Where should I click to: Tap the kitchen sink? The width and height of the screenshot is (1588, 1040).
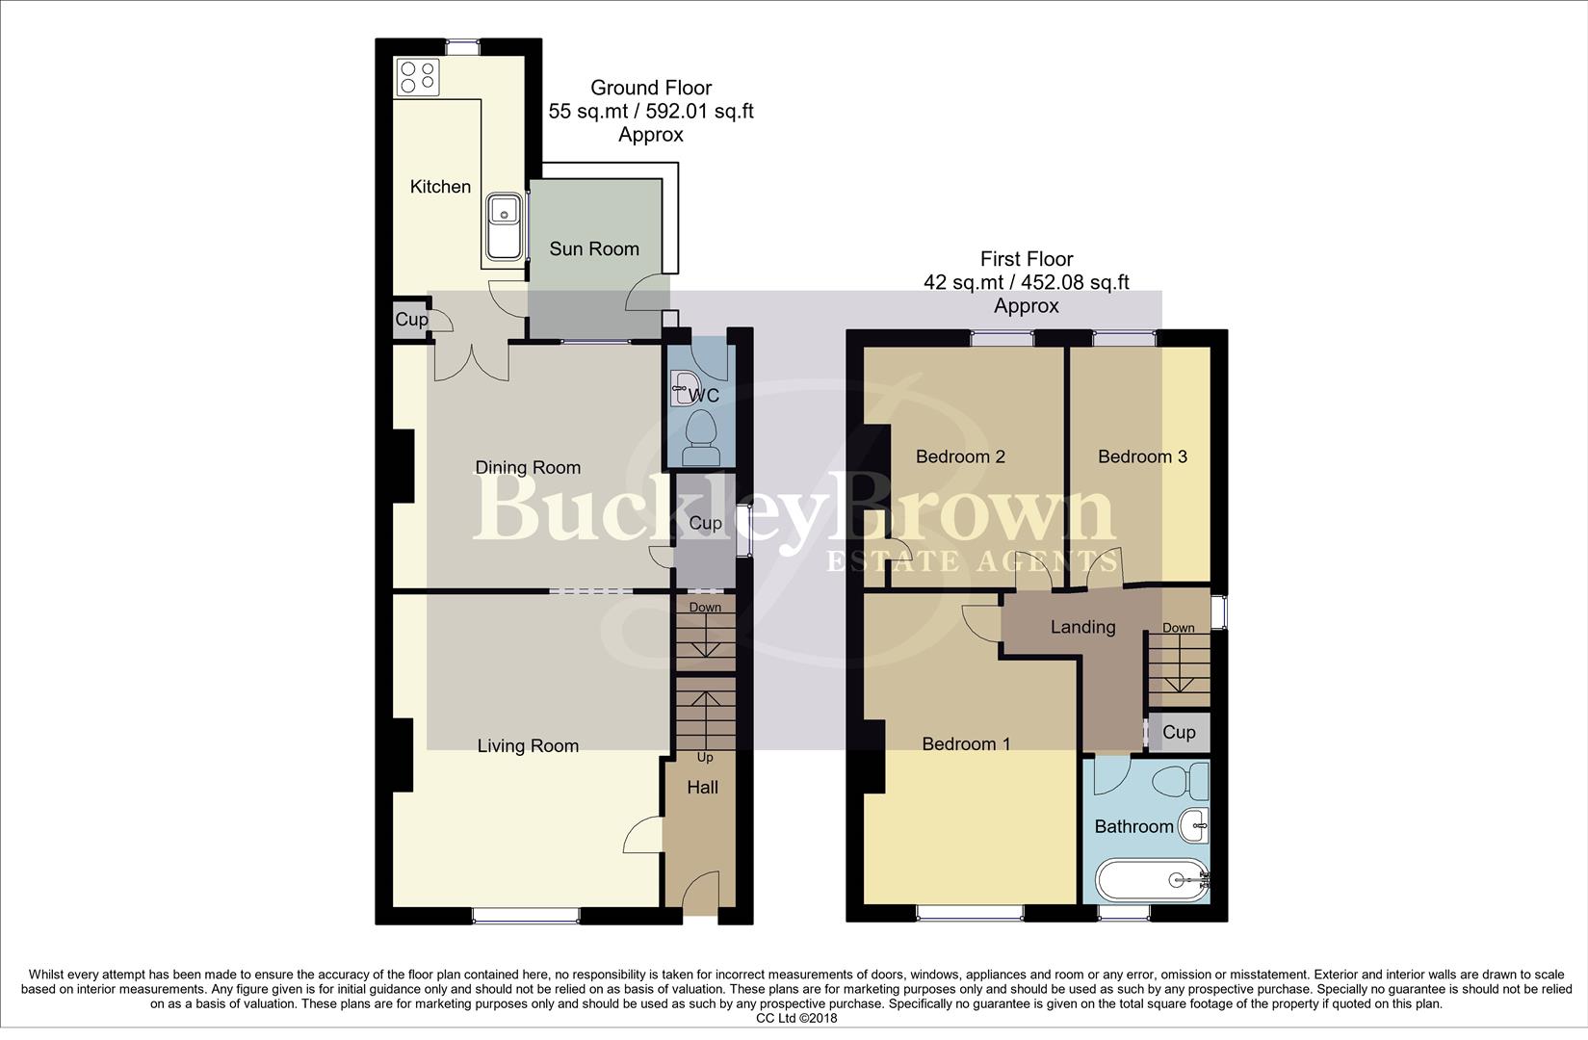point(505,225)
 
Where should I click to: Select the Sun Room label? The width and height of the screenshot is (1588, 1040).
point(594,248)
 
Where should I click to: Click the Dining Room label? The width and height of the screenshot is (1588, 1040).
point(528,468)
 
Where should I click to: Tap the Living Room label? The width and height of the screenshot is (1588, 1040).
point(528,745)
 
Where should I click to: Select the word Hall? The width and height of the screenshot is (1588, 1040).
point(702,787)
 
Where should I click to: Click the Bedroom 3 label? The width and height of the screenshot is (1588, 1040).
point(1142,456)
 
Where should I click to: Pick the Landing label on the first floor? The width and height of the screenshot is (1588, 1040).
point(1082,627)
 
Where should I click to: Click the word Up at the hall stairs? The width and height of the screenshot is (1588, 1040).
point(705,758)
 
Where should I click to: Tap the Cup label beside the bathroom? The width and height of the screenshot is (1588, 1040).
point(1179,732)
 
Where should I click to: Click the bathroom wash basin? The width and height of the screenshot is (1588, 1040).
point(1195,824)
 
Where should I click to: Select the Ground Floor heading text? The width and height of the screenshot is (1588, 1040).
point(651,88)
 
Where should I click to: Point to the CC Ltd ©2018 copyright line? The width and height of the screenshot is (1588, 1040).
point(796,1018)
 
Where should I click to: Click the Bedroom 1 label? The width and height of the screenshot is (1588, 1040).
point(966,743)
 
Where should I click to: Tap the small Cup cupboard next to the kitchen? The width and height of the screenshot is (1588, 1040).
point(411,320)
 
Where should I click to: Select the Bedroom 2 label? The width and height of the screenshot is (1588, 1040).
point(960,456)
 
